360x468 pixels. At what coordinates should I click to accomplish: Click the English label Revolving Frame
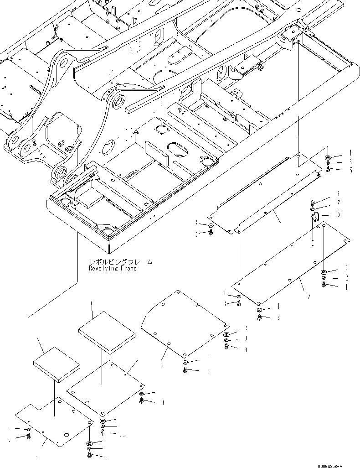click(113, 269)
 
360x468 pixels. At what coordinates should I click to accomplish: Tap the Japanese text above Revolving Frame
click(121, 262)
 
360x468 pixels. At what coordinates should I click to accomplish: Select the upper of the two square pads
click(107, 332)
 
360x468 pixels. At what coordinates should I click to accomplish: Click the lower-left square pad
click(57, 363)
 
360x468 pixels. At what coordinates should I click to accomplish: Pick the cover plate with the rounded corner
click(185, 324)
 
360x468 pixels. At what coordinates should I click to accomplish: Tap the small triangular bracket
click(316, 218)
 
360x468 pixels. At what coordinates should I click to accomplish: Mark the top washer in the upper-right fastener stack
click(328, 158)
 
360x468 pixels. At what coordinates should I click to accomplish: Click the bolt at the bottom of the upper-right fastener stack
click(328, 170)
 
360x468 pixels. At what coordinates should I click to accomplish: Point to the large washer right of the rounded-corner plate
click(227, 334)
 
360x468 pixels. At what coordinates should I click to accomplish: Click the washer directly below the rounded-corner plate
click(185, 362)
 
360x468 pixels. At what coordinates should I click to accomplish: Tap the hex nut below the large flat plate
click(258, 309)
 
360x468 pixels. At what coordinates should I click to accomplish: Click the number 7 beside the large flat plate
click(309, 297)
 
